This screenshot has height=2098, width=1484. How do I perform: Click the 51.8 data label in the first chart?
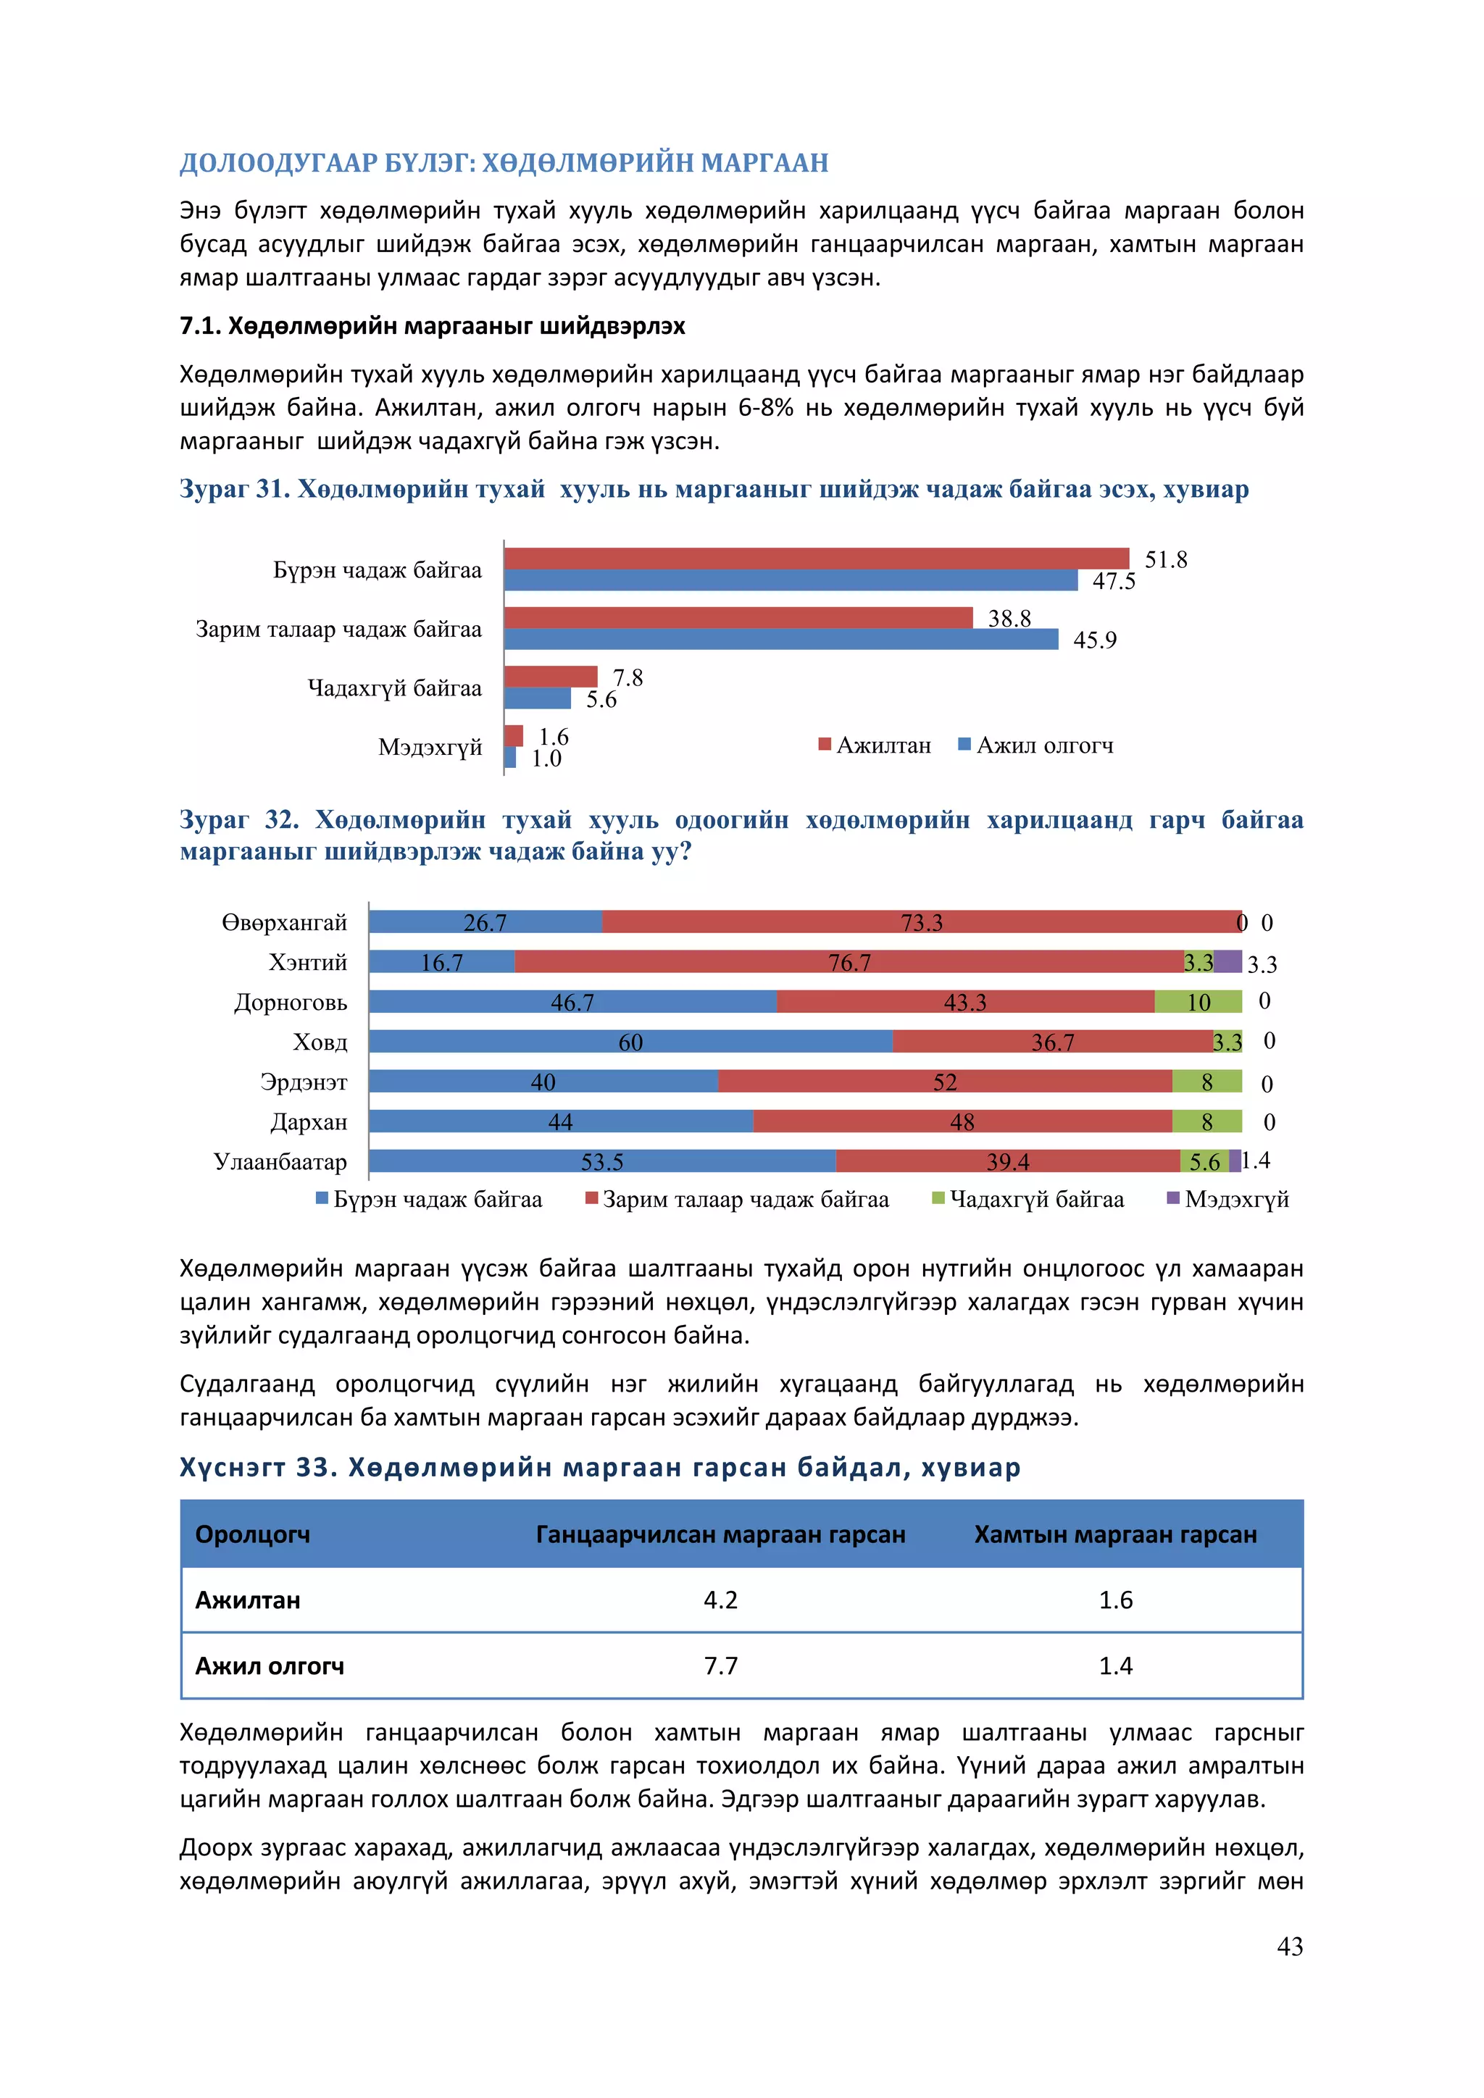(x=1165, y=559)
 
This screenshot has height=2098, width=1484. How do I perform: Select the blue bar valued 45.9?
(x=780, y=639)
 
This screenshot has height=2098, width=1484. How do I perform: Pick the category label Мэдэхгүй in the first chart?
(x=430, y=748)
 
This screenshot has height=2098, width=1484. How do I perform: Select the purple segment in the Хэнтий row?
(x=1228, y=961)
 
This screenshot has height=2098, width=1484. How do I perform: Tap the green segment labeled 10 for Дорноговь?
(x=1198, y=1001)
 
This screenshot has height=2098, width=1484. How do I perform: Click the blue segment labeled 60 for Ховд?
(x=630, y=1042)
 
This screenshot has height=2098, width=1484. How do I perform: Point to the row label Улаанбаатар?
(x=280, y=1161)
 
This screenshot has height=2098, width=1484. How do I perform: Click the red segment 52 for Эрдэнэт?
(x=945, y=1082)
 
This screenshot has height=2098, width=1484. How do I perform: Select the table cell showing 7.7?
(x=720, y=1666)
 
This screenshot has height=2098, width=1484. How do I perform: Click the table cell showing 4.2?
(x=720, y=1600)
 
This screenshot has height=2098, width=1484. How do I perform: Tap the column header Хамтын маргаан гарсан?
(x=1115, y=1534)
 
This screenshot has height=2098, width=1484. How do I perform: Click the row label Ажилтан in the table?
(x=248, y=1600)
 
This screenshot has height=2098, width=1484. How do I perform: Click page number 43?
(x=1289, y=1947)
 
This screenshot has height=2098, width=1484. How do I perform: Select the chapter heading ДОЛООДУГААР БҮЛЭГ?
(x=504, y=163)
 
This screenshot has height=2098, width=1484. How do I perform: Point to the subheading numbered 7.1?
(x=431, y=326)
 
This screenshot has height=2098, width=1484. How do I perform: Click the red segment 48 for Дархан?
(x=962, y=1121)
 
